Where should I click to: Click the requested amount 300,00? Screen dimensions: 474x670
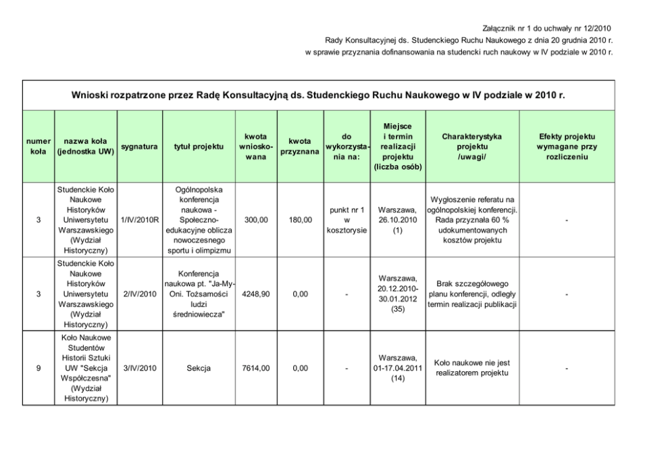click(x=256, y=220)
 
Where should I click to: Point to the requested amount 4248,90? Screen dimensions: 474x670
click(x=256, y=293)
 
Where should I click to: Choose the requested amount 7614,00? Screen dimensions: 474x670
click(x=256, y=368)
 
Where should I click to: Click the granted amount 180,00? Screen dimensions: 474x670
click(x=299, y=220)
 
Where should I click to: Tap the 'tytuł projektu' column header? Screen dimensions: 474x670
click(x=199, y=146)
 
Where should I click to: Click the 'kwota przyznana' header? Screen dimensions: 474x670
click(x=299, y=146)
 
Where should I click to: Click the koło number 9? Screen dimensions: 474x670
click(x=38, y=368)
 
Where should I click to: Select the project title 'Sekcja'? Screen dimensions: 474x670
click(x=199, y=368)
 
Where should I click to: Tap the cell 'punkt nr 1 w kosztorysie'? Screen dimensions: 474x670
click(x=346, y=220)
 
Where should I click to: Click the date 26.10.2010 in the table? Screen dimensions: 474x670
click(x=397, y=220)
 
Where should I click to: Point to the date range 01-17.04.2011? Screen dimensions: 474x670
click(x=397, y=368)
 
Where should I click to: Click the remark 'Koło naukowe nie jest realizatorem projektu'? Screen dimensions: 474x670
click(x=471, y=368)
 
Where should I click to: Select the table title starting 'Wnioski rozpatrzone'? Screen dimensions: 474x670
click(x=318, y=95)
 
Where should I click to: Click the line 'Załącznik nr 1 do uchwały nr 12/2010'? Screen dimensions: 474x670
click(x=547, y=28)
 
